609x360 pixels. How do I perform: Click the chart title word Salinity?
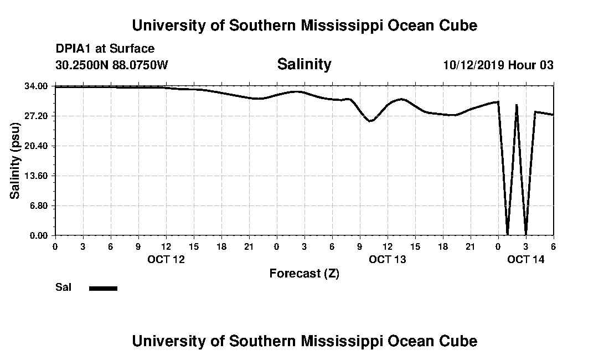click(304, 64)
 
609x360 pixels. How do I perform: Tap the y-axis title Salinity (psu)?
click(16, 161)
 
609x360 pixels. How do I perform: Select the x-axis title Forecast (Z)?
click(304, 273)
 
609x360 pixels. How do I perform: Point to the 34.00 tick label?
click(38, 86)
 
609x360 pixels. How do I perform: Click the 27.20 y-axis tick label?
click(38, 116)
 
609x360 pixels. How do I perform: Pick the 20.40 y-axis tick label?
click(38, 146)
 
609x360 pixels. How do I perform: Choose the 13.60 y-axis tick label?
click(38, 176)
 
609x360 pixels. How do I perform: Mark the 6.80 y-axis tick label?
click(40, 205)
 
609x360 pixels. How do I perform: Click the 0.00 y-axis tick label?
click(40, 235)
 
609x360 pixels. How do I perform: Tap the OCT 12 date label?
click(166, 259)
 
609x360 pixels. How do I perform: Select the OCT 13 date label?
click(388, 259)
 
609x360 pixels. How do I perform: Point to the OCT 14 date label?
click(526, 259)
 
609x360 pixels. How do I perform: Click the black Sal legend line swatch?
click(103, 288)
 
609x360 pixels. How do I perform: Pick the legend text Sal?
click(64, 287)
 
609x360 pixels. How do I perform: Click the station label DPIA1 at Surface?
click(105, 49)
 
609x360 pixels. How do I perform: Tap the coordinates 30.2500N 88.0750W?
click(112, 65)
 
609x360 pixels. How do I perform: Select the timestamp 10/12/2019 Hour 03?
click(498, 65)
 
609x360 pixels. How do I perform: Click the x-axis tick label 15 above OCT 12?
click(193, 246)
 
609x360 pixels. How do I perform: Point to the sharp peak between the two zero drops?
click(517, 105)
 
